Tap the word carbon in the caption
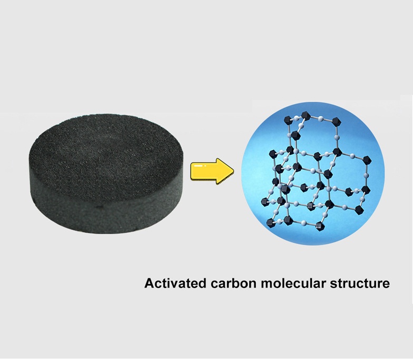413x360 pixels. tap(229, 284)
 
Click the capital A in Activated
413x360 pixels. tap(149, 284)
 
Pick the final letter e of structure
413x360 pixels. tap(386, 285)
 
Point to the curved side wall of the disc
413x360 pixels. tap(105, 211)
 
